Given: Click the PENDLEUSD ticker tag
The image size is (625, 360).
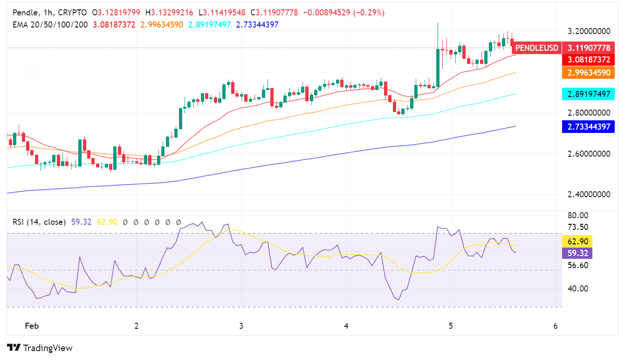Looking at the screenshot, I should point(536,48).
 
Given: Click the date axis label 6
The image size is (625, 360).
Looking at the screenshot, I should point(555,325).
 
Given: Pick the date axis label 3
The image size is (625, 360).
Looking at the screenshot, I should point(241,325).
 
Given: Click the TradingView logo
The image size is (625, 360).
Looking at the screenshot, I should point(40,348).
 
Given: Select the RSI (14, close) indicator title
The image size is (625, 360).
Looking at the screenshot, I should point(39,222).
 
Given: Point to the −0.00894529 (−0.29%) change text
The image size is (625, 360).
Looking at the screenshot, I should point(344,13).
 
